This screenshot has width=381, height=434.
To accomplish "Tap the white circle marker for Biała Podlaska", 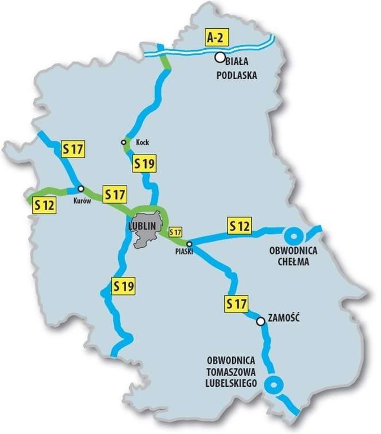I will (x=220, y=58).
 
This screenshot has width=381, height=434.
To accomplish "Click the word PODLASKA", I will (x=237, y=75).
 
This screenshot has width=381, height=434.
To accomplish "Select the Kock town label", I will (x=142, y=142).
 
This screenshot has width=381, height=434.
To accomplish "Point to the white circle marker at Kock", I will (x=124, y=142).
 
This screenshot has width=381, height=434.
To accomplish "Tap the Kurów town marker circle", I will (x=81, y=188).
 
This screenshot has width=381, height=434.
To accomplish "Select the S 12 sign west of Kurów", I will (x=44, y=205).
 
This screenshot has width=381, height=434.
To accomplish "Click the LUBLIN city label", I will (x=142, y=226).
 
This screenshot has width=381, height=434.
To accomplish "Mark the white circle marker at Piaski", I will (x=189, y=244).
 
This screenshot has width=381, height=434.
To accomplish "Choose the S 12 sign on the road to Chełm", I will (x=239, y=226).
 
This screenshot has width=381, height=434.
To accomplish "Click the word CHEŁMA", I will (x=293, y=261).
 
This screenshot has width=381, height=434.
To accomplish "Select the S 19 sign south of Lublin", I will (x=123, y=286).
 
